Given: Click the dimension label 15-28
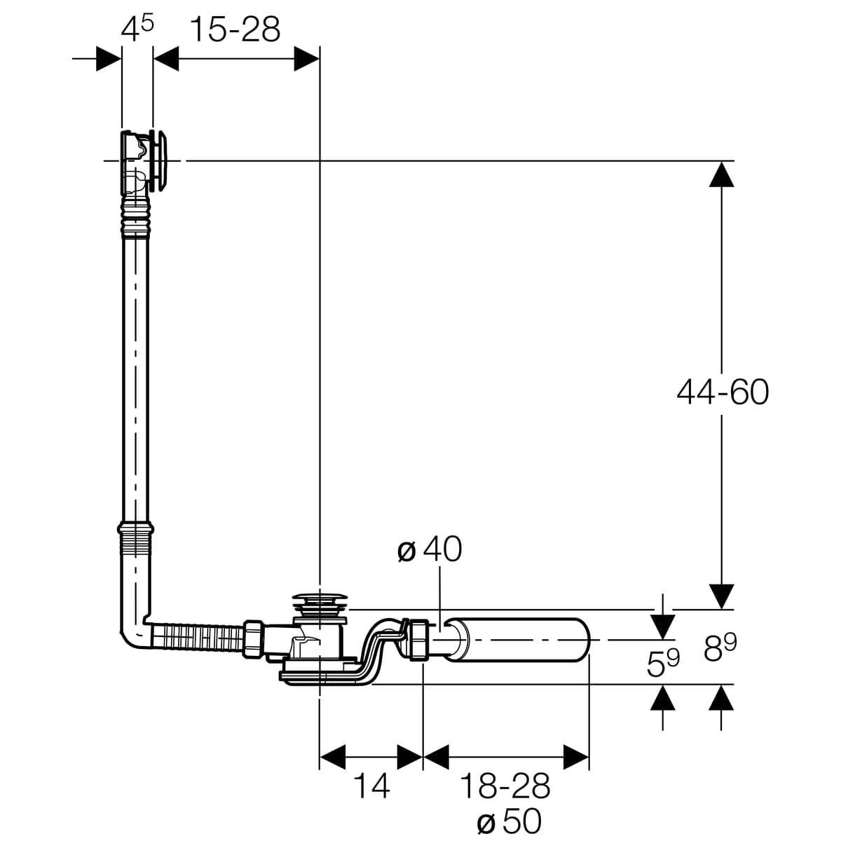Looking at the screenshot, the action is pyautogui.click(x=235, y=30).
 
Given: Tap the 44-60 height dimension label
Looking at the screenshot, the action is pyautogui.click(x=723, y=392).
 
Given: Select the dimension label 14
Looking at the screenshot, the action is pyautogui.click(x=371, y=785).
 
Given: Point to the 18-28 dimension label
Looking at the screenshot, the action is pyautogui.click(x=505, y=785).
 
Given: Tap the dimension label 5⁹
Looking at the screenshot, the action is pyautogui.click(x=663, y=662).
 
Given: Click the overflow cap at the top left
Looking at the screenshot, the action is pyautogui.click(x=160, y=160).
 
